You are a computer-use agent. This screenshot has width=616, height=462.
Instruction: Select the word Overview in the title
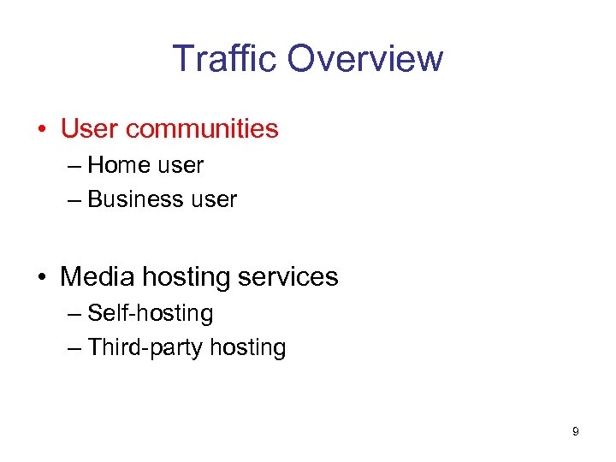(x=365, y=59)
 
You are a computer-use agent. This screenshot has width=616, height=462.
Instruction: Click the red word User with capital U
(x=90, y=129)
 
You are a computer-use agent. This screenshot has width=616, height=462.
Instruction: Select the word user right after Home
(x=181, y=164)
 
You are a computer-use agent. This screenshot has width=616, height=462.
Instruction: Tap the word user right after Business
(x=215, y=199)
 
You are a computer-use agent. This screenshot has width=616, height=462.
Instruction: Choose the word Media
(x=98, y=277)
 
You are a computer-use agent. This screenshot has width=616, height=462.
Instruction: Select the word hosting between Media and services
(x=187, y=278)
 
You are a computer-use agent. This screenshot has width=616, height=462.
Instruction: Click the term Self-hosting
(x=151, y=313)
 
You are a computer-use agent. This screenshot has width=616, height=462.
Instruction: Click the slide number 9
(x=575, y=432)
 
